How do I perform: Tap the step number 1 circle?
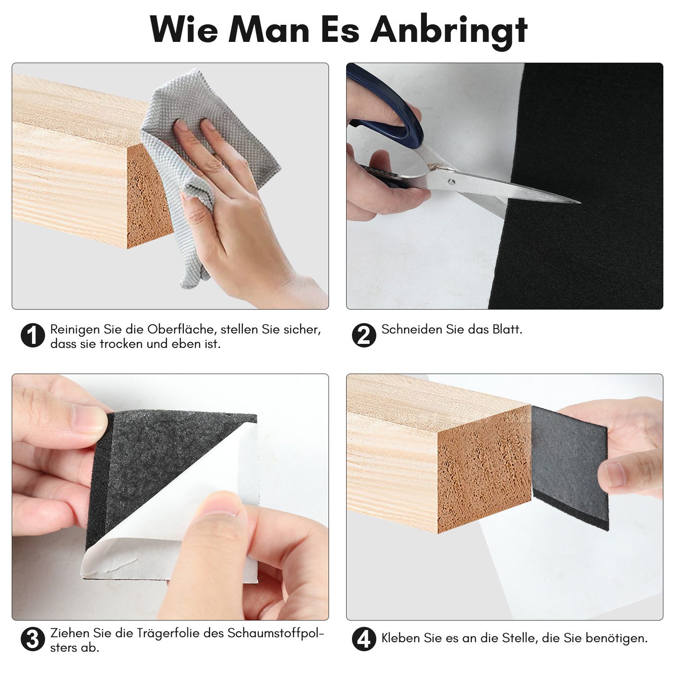33,335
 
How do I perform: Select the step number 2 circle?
364,335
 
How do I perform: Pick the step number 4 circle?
364,639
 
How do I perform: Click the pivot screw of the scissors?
452,182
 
